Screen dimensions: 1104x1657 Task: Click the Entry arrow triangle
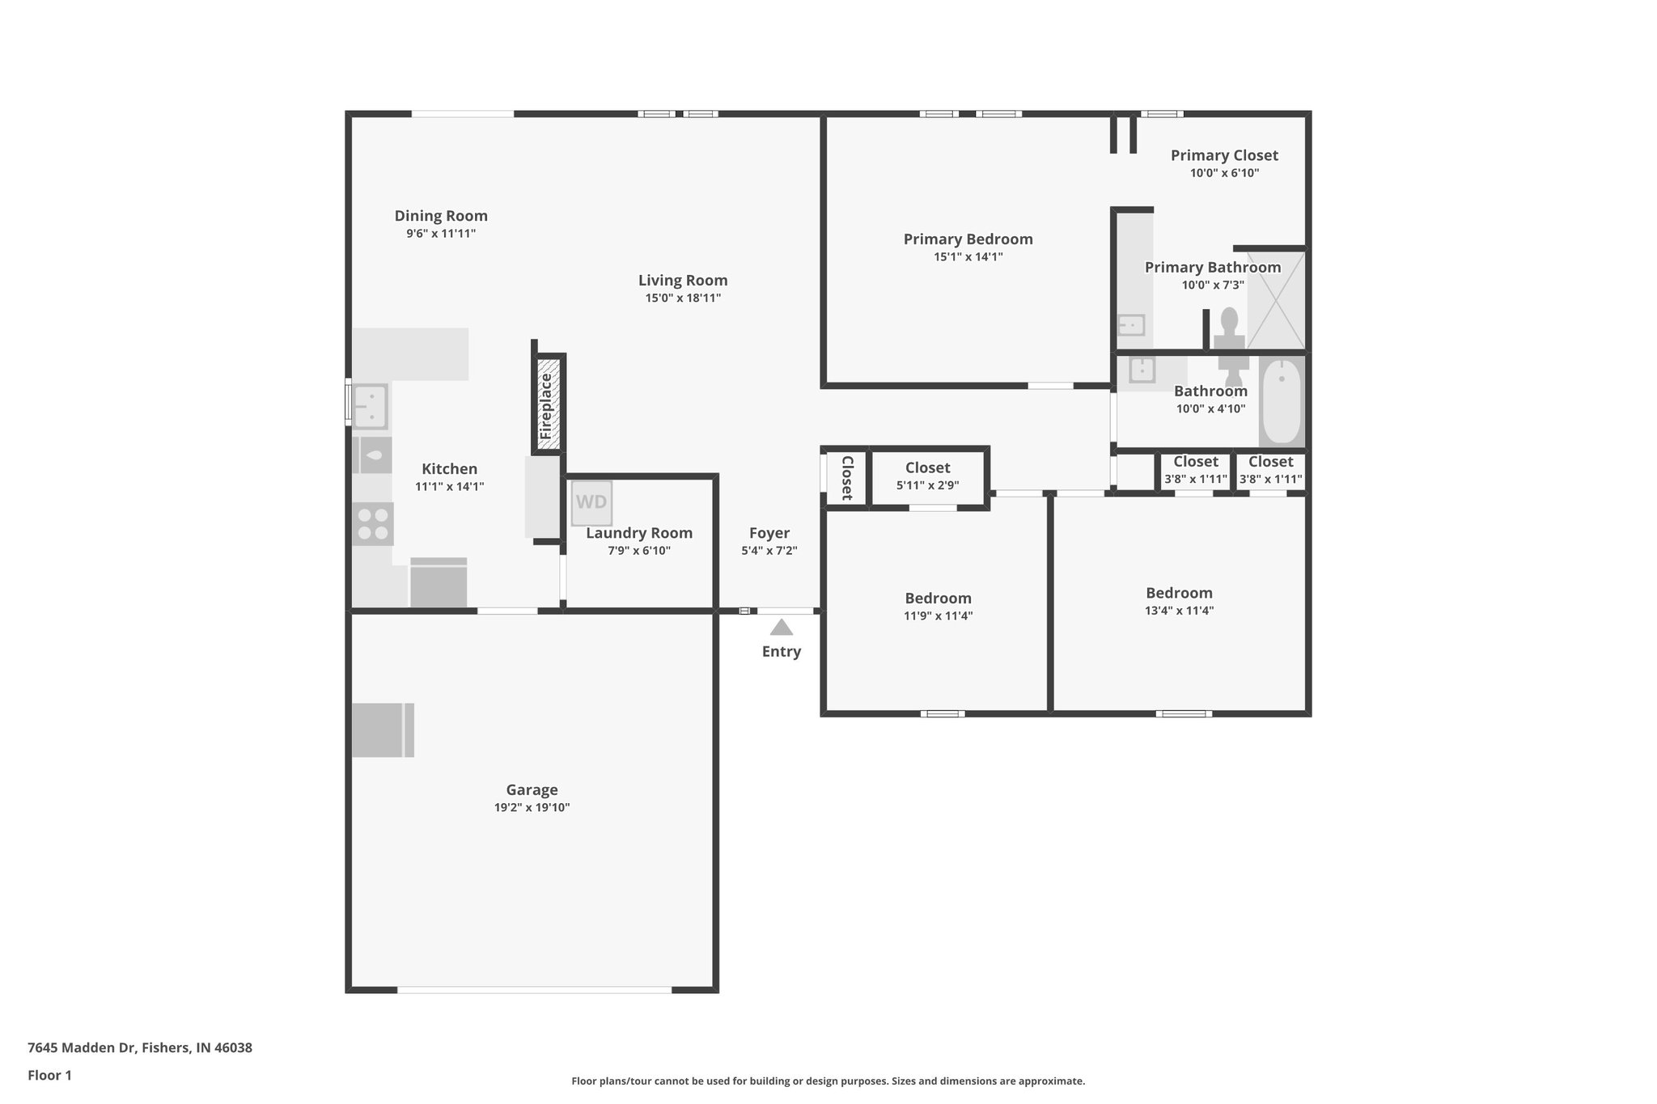[x=781, y=628]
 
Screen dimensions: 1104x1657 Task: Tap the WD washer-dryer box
[x=591, y=502]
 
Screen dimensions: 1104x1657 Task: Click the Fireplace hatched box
[x=548, y=405]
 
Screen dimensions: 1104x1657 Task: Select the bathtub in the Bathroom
[x=1282, y=401]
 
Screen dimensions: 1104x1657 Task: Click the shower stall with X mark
[x=1276, y=300]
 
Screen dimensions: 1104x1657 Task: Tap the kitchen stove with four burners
[x=373, y=523]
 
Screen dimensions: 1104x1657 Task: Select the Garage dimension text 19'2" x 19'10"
[x=532, y=807]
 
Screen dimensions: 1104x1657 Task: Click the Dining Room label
[x=441, y=216]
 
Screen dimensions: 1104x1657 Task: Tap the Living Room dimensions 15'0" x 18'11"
[x=682, y=298]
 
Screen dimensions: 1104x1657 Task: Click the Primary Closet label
[x=1223, y=155]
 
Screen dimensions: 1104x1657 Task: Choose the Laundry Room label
[x=639, y=533]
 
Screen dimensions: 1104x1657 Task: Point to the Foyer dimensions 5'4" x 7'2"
[x=769, y=551]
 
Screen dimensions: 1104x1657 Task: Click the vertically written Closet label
[x=847, y=478]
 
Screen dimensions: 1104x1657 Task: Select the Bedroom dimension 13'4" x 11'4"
[x=1179, y=611]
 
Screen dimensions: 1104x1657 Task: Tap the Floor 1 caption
[x=49, y=1075]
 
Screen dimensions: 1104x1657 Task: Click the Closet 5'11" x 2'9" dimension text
[x=927, y=485]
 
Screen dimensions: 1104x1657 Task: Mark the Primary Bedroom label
[x=968, y=239]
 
